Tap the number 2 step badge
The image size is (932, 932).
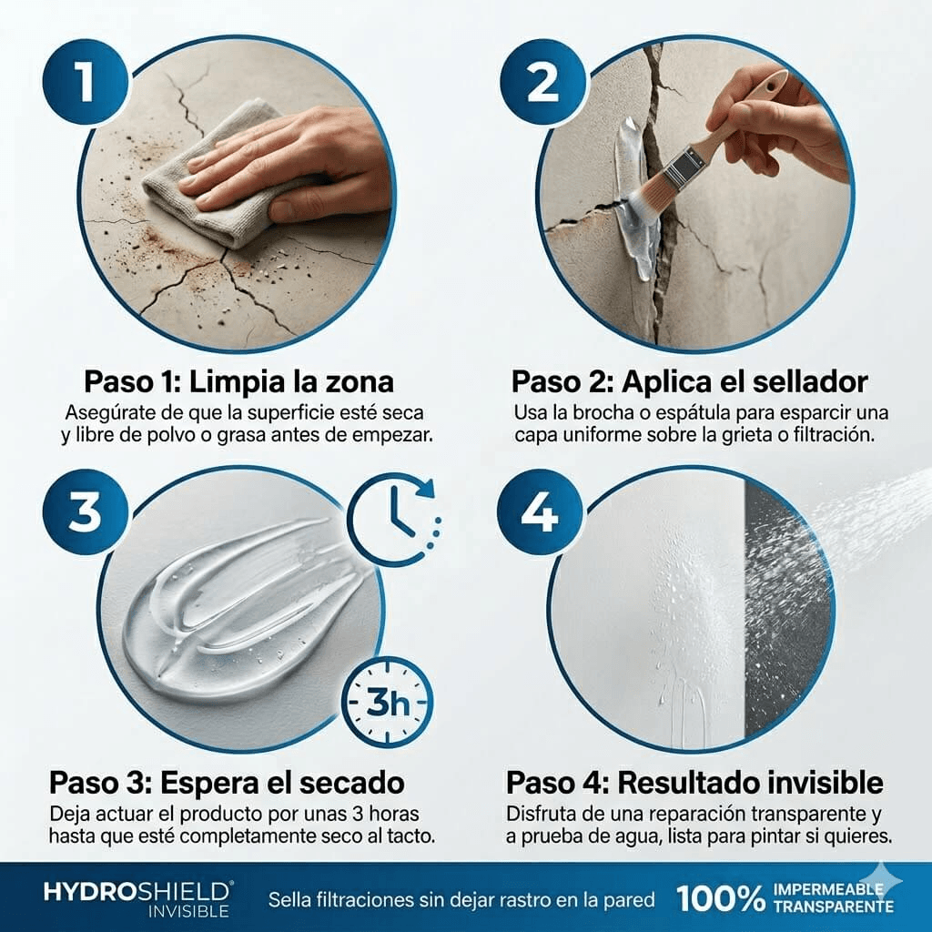[543, 83]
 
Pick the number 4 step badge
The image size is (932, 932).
[540, 514]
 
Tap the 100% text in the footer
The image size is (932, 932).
[720, 899]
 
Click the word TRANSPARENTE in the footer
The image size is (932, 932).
[833, 907]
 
